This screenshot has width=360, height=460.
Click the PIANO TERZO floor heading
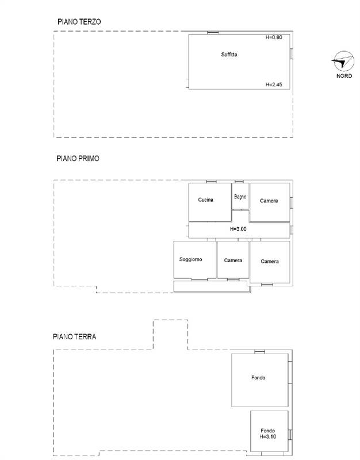point(79,22)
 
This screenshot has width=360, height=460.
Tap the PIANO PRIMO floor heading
point(78,159)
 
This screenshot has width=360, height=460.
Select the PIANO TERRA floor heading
point(75,336)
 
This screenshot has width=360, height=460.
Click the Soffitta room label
point(229,55)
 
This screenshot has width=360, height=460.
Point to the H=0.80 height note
point(274,37)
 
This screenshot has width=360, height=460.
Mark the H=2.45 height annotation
point(274,85)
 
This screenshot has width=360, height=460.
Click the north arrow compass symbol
point(343,61)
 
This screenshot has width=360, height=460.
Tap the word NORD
point(344,76)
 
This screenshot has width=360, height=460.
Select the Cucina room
point(210,202)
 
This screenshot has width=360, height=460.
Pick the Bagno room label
point(240,197)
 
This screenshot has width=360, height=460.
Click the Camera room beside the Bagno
point(270,202)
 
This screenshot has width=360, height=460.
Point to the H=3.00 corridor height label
point(238,229)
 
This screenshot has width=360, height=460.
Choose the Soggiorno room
point(195,260)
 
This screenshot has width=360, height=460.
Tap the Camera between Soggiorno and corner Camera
point(233,260)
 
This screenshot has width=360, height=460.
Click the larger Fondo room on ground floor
point(260,380)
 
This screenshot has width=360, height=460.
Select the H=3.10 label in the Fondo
point(267,436)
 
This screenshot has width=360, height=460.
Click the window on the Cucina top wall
point(211,182)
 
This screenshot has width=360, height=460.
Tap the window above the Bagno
point(239,182)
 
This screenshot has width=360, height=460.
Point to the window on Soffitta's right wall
point(292,53)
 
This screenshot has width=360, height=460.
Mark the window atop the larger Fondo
point(260,352)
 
